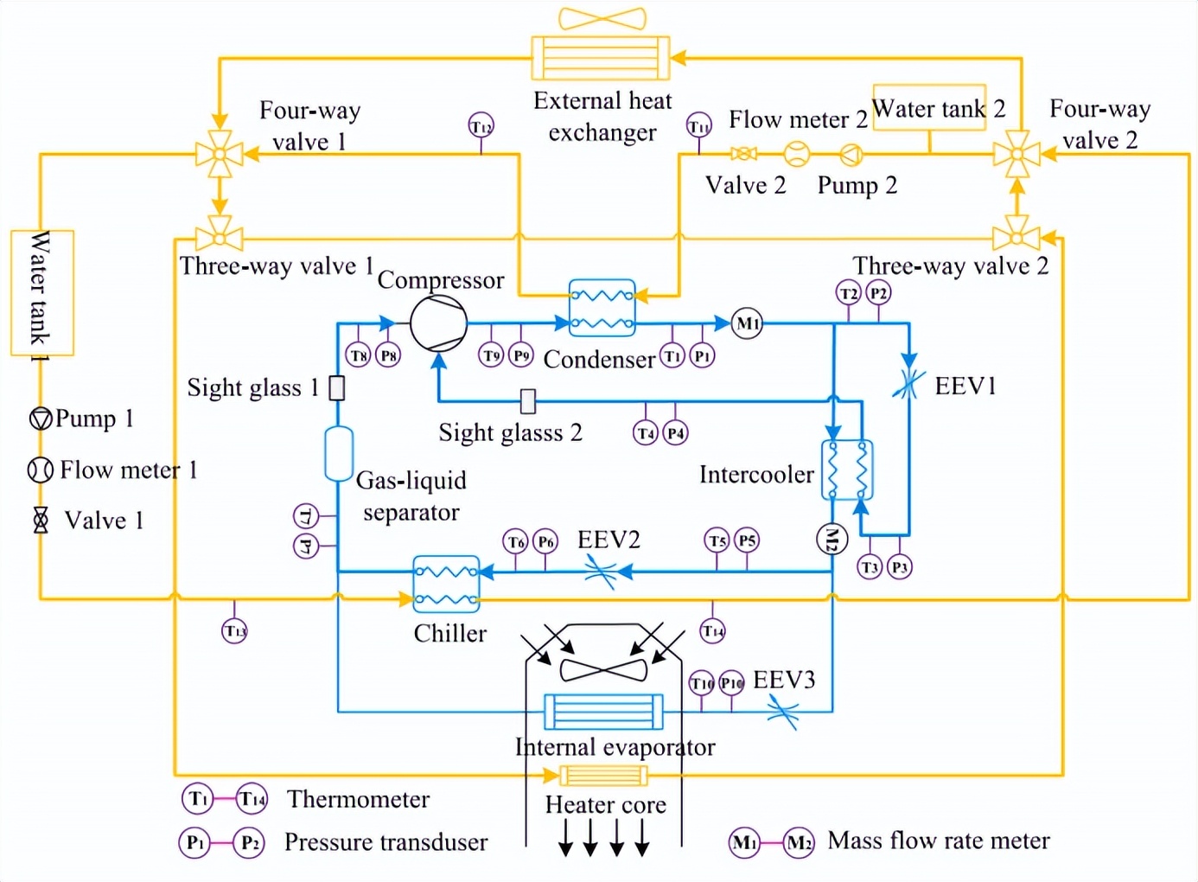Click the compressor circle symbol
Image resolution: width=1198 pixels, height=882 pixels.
[x=438, y=323]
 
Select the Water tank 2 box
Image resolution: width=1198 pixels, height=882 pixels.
[x=929, y=108]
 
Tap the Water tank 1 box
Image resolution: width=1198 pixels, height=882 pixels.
[x=41, y=293]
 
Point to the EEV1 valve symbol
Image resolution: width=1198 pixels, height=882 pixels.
[x=907, y=384]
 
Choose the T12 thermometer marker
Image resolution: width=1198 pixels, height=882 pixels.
[x=481, y=125]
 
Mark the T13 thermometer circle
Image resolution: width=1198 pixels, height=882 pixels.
[x=235, y=630]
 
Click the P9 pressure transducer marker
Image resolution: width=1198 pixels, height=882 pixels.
[x=520, y=355]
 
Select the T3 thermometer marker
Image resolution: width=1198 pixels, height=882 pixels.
[x=870, y=566]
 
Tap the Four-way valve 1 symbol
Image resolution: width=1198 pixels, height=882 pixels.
[x=220, y=155]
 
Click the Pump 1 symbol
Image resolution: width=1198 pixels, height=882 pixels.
[x=41, y=419]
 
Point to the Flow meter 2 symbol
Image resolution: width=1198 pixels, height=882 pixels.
[x=797, y=155]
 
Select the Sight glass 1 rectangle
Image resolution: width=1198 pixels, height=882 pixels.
[x=337, y=388]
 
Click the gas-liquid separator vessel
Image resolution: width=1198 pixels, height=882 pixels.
[x=338, y=453]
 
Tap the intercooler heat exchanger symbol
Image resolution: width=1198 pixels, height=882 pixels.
[x=846, y=470]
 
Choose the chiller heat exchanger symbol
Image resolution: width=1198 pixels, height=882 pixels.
[x=446, y=585]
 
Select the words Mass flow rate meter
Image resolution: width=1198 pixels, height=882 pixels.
[x=939, y=840]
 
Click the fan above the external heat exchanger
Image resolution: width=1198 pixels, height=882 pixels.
[x=602, y=18]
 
